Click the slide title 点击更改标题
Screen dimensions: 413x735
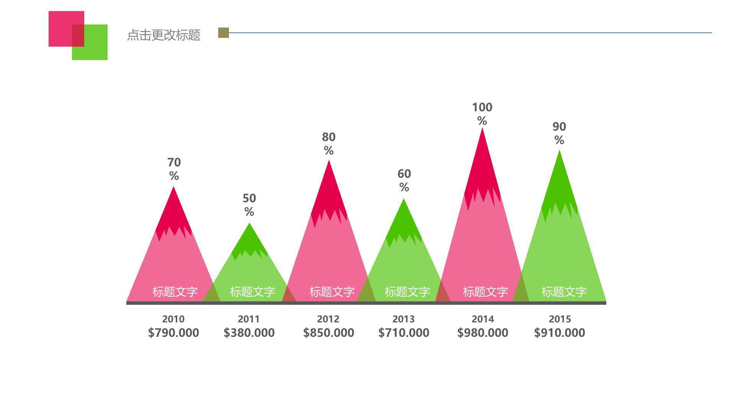(163, 35)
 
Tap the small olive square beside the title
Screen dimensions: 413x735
(224, 33)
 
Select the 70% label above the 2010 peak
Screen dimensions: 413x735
(174, 169)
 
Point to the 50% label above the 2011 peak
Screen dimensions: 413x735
(249, 205)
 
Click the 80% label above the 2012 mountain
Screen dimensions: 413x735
(328, 143)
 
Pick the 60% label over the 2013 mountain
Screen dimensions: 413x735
(404, 180)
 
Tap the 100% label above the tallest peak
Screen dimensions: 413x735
(482, 114)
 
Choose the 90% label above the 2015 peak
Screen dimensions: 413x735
(559, 133)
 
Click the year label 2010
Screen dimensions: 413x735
(173, 319)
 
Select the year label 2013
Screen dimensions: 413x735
(403, 319)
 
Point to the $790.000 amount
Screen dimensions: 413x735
(173, 333)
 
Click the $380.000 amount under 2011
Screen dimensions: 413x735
(249, 333)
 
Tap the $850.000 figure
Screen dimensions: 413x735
(328, 333)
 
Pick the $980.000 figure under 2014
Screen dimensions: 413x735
(483, 333)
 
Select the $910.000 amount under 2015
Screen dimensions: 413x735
(559, 333)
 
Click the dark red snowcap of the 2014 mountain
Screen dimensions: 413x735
(482, 168)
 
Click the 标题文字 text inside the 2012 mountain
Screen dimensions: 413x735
(332, 292)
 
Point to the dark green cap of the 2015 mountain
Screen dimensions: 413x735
(559, 184)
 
